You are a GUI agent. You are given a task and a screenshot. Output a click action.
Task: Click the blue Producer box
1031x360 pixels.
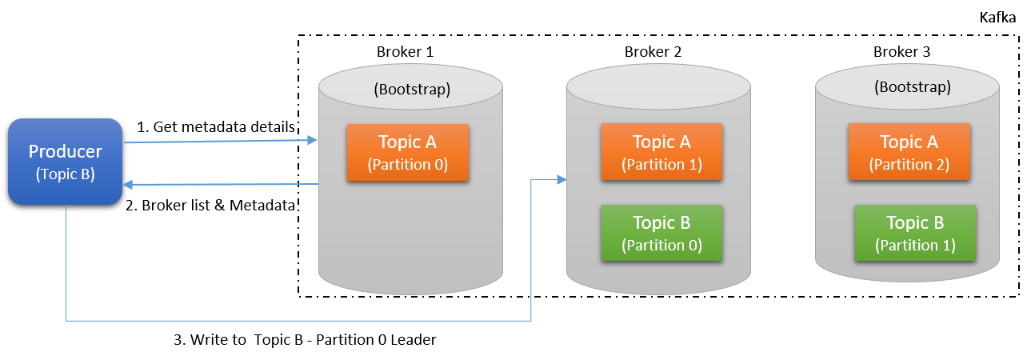point(65,161)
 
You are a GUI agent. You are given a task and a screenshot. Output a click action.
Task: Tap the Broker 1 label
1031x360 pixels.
point(405,52)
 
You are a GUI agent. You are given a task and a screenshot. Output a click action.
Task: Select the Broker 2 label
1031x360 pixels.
point(653,52)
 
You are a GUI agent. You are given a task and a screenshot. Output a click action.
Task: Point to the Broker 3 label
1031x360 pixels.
point(901,52)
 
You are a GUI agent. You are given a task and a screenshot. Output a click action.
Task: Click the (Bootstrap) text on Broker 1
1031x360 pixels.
point(412,89)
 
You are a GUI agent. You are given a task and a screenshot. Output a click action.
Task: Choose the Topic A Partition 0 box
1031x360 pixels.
point(407,152)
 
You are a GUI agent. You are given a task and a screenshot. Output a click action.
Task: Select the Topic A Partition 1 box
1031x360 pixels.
point(661,152)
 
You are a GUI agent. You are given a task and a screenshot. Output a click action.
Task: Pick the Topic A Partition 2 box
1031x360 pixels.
point(909,152)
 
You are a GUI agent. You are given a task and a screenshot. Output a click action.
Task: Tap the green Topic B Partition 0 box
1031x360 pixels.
point(661,233)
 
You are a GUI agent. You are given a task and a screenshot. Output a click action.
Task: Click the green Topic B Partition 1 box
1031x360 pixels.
point(915,233)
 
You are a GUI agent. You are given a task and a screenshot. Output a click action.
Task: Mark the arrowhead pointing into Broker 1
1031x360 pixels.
point(313,140)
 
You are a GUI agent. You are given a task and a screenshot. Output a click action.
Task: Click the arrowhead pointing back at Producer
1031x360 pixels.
point(128,185)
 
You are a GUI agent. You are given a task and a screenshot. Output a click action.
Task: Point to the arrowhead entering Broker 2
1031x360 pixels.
point(561,180)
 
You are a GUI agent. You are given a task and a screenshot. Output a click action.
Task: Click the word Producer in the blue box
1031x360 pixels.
point(65,151)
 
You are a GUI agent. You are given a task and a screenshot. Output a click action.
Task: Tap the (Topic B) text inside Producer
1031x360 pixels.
point(65,174)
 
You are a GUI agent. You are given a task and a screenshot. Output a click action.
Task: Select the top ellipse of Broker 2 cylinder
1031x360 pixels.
point(658,86)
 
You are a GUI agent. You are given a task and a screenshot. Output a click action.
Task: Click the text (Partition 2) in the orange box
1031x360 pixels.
point(909,165)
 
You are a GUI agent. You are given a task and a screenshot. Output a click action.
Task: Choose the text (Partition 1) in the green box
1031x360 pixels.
point(915,246)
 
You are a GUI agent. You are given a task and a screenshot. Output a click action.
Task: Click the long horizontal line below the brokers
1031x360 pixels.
point(296,321)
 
